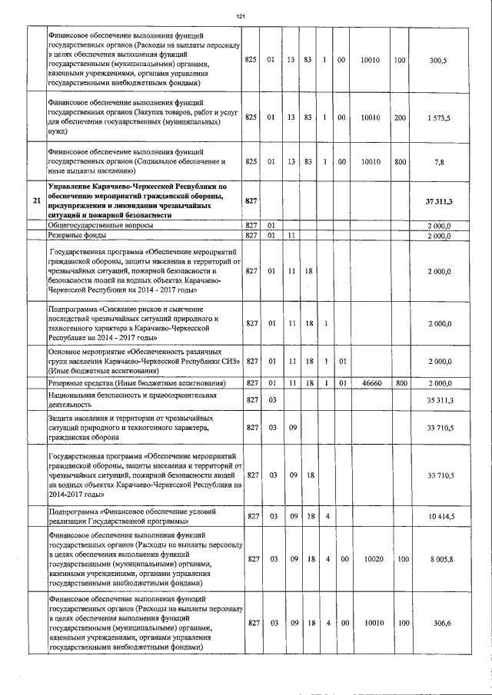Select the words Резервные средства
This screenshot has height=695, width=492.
[82, 382]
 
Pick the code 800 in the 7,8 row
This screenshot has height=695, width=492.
[400, 162]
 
